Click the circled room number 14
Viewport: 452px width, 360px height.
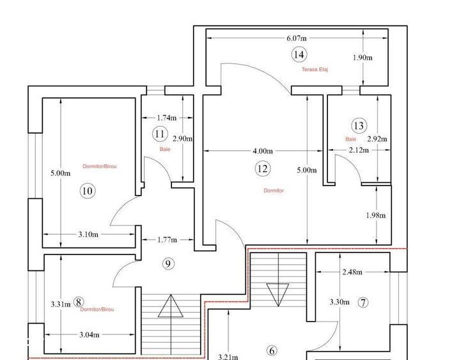pos(299,54)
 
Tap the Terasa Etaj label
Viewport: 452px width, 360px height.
pos(315,70)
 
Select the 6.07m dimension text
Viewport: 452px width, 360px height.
pos(297,38)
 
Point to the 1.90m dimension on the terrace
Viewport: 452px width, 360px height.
pos(362,58)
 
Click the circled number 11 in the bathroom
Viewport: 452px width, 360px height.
pos(160,134)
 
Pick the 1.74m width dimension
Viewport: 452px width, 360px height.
pos(167,118)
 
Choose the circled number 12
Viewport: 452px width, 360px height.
pos(263,168)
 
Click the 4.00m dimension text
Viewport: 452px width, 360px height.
pos(263,151)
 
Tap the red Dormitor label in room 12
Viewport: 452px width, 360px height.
pos(274,191)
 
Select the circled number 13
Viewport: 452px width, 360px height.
pos(359,126)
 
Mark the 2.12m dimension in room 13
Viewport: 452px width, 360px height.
pos(359,150)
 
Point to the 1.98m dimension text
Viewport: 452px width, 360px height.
pos(376,215)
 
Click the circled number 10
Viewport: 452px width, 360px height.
pos(88,191)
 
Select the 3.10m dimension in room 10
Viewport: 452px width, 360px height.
pos(88,235)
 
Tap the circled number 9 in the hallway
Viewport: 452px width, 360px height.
pos(168,263)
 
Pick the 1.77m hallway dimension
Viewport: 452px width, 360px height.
pos(168,240)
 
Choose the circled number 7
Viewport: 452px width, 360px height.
pos(363,302)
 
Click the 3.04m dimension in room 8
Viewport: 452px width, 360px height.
pos(90,334)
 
